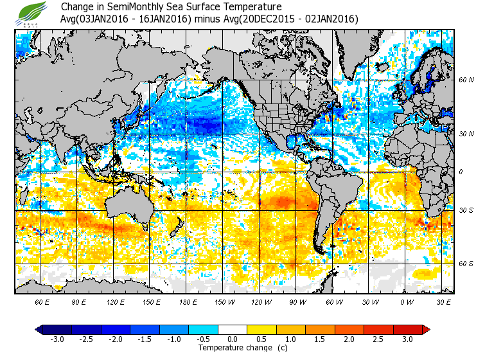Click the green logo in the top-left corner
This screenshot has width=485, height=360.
[x=31, y=13]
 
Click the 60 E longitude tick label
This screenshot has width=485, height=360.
[x=42, y=301]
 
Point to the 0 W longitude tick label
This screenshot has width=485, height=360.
[x=407, y=301]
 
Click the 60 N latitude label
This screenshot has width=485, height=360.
[x=466, y=80]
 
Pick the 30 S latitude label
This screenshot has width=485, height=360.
[x=466, y=210]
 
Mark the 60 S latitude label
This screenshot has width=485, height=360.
[x=466, y=264]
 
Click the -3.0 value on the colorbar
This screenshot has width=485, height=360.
[x=57, y=339]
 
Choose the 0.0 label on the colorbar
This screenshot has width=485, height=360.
[x=233, y=339]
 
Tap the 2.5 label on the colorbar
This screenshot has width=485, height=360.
[x=379, y=339]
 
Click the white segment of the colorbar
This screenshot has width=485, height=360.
[x=233, y=329]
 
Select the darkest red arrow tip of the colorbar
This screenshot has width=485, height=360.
[x=425, y=329]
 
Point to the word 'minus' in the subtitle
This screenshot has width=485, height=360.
[x=208, y=19]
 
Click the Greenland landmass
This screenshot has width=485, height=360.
[x=360, y=51]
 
